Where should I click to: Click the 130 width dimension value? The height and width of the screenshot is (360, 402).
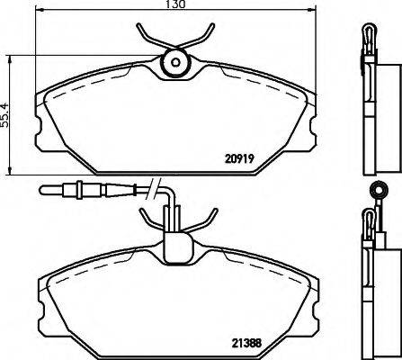pos(175,5)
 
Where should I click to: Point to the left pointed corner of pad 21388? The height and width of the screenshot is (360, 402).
pos(40,297)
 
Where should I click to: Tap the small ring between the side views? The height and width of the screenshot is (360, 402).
pos(377,190)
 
